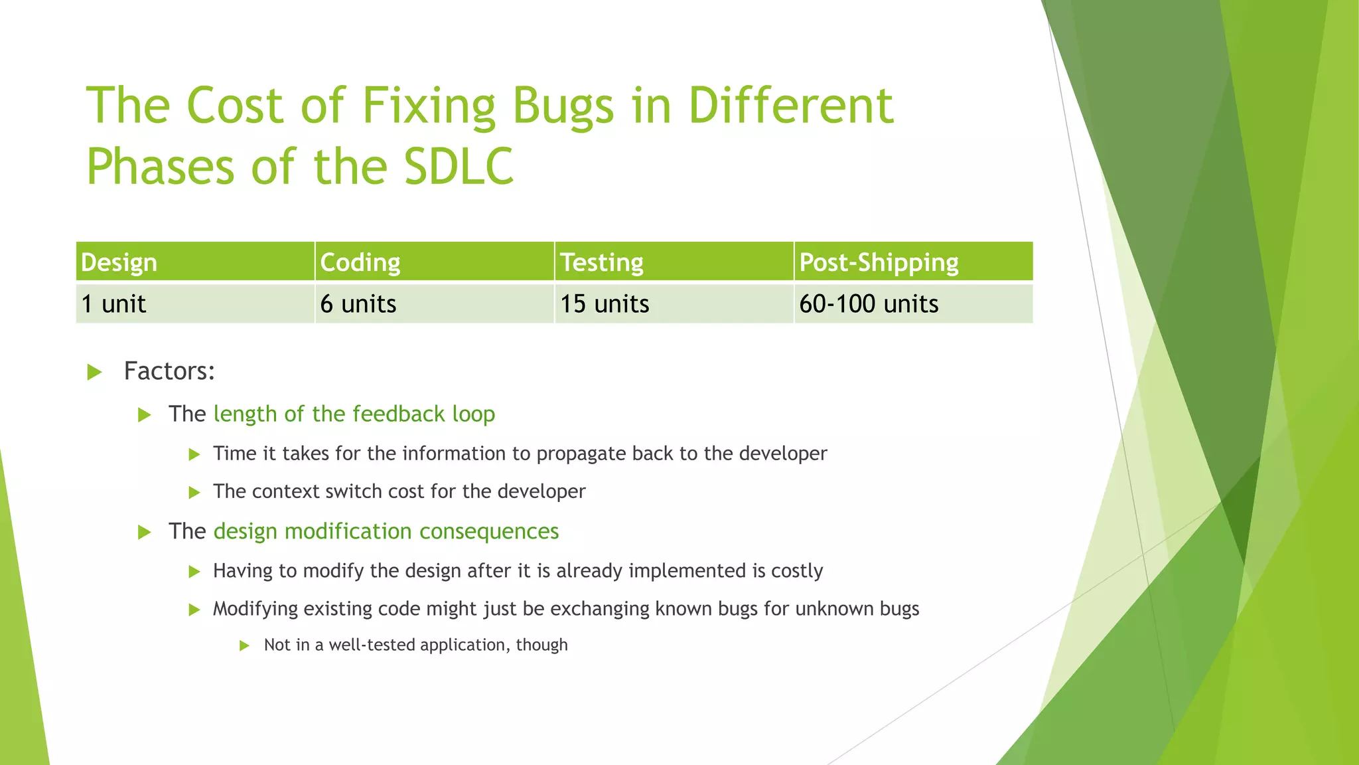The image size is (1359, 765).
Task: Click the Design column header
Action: point(119,262)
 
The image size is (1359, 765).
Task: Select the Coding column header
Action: point(360,262)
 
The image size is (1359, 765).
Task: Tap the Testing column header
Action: point(602,262)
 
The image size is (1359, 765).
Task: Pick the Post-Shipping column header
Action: point(879,262)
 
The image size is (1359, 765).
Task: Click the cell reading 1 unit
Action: point(113,304)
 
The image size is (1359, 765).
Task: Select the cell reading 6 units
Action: point(358,304)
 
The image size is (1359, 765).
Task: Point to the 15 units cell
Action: point(605,304)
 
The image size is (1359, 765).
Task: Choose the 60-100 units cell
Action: point(869,304)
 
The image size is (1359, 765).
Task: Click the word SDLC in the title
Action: point(459,166)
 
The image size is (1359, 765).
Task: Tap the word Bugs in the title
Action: point(563,106)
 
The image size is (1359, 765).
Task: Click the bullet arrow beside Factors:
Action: point(95,372)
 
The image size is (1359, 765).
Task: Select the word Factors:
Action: point(169,371)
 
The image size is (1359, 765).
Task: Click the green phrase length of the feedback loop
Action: point(354,414)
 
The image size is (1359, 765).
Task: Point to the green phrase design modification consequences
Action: point(386,531)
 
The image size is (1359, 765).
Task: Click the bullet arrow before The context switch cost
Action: point(194,493)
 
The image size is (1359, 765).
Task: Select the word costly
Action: point(796,571)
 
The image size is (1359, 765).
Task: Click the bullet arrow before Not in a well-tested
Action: point(244,645)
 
